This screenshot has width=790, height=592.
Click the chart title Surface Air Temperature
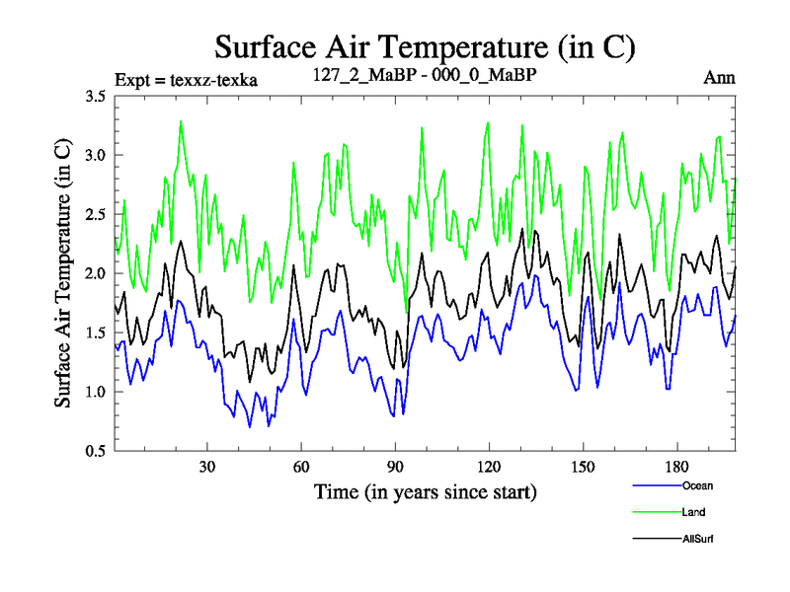[x=425, y=46]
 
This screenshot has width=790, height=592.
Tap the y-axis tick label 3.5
[x=97, y=97]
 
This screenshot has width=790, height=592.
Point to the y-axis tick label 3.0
[x=97, y=156]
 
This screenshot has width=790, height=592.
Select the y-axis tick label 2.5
[x=97, y=215]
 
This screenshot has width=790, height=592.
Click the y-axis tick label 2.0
[x=97, y=274]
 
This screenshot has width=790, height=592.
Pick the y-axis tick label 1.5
[x=97, y=333]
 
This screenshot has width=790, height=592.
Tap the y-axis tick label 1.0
[x=97, y=393]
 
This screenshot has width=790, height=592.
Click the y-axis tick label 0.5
[x=97, y=452]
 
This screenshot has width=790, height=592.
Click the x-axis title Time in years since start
[x=425, y=491]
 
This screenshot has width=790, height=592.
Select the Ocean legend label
[x=696, y=485]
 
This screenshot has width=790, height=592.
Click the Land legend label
[x=693, y=512]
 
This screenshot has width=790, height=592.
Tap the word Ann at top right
[x=719, y=78]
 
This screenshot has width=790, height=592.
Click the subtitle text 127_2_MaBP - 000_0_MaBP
[x=425, y=77]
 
